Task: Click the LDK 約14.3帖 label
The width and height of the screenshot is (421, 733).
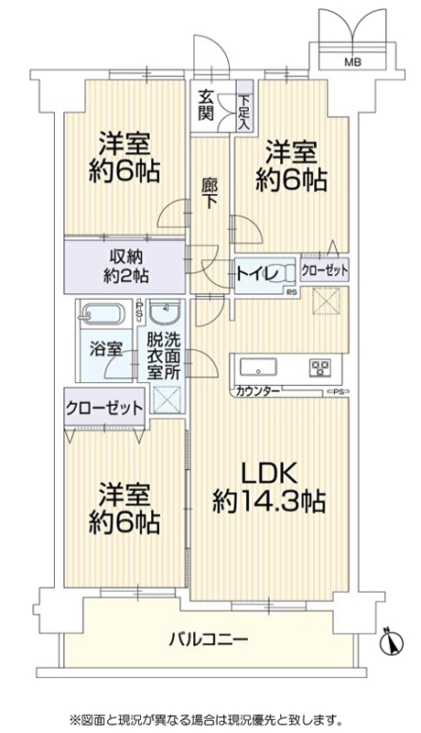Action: [x=268, y=488]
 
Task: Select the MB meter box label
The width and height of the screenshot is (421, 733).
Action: [x=352, y=61]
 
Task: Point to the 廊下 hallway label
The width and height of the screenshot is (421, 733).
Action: [x=209, y=193]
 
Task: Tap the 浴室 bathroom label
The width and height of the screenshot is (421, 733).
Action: [x=106, y=349]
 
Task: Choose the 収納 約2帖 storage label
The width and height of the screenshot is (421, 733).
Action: [x=126, y=266]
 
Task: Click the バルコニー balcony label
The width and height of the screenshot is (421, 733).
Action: [x=209, y=638]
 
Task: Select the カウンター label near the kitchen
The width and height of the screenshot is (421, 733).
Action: [x=258, y=391]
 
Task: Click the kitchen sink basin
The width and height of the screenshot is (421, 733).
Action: [x=258, y=366]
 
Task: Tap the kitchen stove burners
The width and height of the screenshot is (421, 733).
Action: [x=320, y=367]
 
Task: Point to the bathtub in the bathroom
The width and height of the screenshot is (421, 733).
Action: [x=103, y=313]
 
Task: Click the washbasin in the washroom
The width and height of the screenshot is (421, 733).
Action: [x=166, y=312]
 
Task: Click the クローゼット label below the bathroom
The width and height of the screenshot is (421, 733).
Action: [x=104, y=408]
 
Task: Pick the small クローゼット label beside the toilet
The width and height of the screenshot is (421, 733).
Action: [x=325, y=270]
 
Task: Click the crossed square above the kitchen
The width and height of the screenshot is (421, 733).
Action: [x=325, y=301]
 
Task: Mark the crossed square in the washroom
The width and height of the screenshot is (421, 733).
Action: [x=167, y=400]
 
